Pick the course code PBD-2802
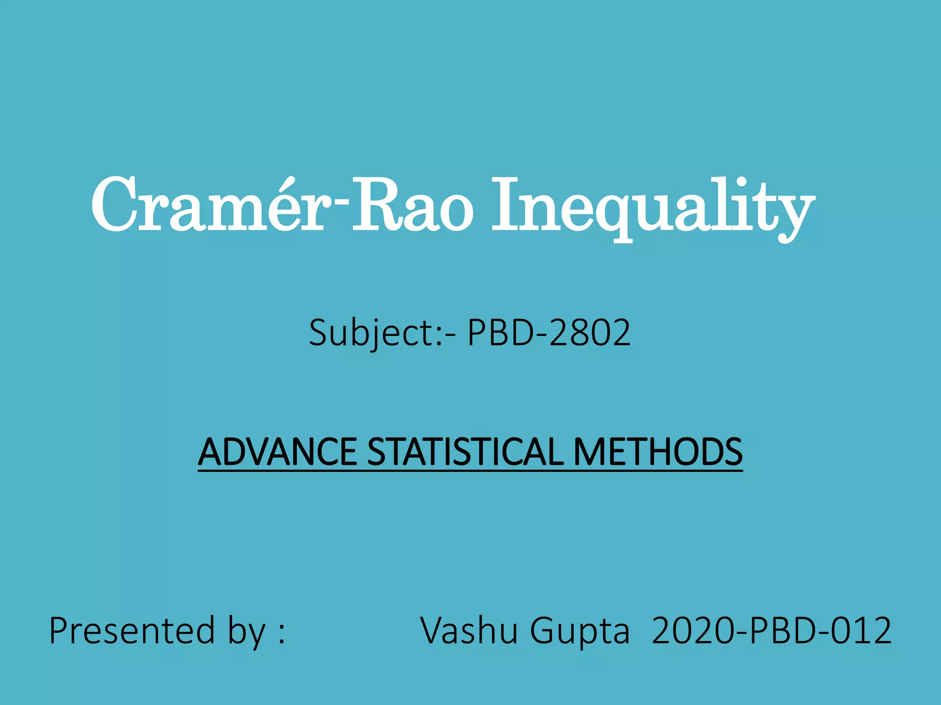(x=549, y=333)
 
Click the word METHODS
(x=658, y=452)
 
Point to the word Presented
(x=132, y=631)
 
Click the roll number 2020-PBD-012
(x=772, y=631)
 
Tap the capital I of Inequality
(x=505, y=204)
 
